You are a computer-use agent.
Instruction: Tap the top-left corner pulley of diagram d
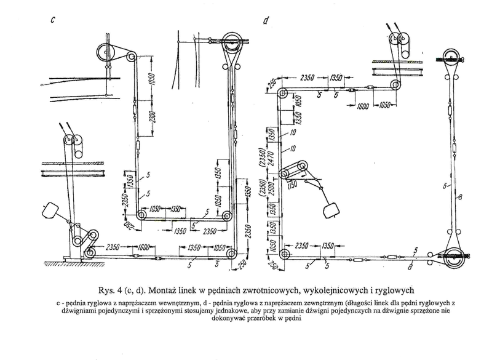(x=282, y=94)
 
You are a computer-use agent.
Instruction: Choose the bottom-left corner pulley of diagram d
(x=284, y=255)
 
